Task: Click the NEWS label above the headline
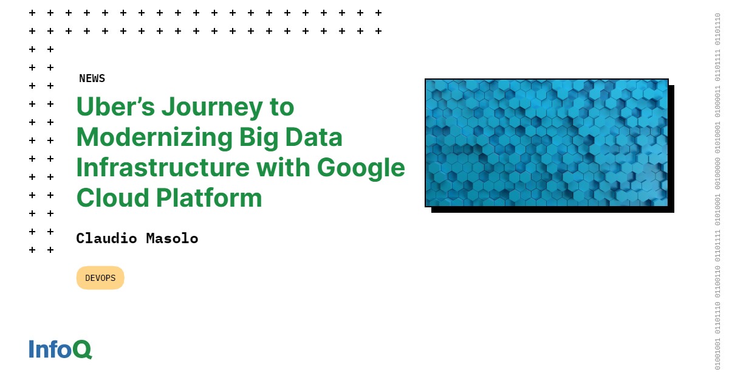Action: pyautogui.click(x=92, y=78)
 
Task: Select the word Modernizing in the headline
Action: pyautogui.click(x=151, y=138)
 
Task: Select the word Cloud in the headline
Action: pyautogui.click(x=112, y=198)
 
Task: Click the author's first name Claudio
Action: pyautogui.click(x=107, y=238)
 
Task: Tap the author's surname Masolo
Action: pyautogui.click(x=172, y=238)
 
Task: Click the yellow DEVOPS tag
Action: pyautogui.click(x=100, y=278)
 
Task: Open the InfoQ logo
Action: pyautogui.click(x=60, y=349)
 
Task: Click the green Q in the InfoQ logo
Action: pyautogui.click(x=82, y=350)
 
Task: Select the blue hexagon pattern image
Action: pyautogui.click(x=546, y=142)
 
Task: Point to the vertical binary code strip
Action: pyautogui.click(x=717, y=191)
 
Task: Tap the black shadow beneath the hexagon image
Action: pyautogui.click(x=553, y=210)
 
